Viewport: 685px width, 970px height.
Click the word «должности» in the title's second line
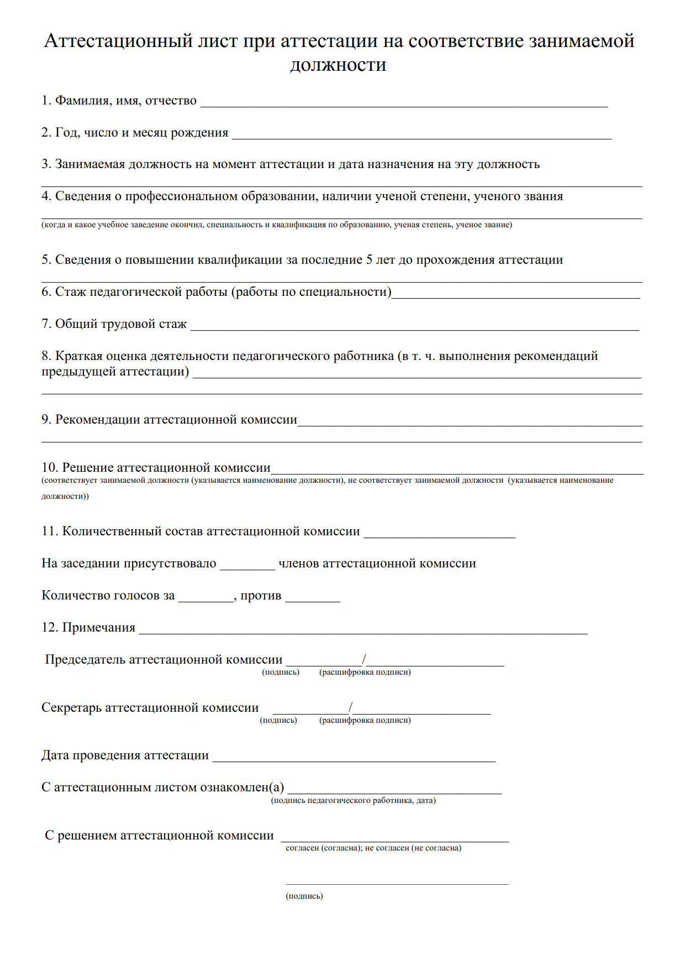[338, 65]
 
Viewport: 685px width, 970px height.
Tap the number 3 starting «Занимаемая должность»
[45, 164]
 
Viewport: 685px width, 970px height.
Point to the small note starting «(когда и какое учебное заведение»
[276, 225]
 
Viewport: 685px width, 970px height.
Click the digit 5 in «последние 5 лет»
[369, 260]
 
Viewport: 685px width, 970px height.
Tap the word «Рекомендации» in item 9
[97, 420]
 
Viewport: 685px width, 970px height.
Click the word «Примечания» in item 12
[98, 628]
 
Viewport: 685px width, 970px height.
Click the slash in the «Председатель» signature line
[364, 659]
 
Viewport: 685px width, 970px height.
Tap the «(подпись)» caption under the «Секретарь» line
[278, 720]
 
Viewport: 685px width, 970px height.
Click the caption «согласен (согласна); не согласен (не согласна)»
[373, 848]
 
